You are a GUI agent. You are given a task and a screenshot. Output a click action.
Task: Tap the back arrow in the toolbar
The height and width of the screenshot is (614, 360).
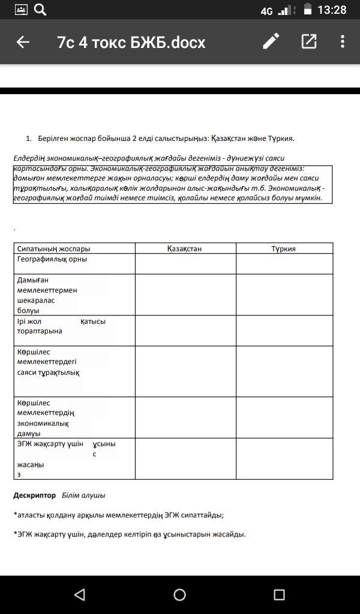[23, 42]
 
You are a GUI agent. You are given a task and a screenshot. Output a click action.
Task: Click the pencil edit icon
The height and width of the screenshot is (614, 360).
[271, 41]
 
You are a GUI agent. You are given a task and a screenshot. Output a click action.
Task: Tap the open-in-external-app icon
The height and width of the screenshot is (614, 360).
[308, 41]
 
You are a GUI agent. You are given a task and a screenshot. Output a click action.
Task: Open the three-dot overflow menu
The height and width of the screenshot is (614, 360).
[343, 41]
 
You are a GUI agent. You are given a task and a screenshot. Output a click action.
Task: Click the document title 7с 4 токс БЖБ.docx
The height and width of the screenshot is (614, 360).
[131, 42]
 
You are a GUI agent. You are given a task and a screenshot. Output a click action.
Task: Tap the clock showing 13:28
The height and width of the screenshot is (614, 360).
[332, 10]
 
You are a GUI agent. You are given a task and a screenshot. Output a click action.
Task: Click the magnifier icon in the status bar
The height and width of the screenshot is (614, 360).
[40, 10]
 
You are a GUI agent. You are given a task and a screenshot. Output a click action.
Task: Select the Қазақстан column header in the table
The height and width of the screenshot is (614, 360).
[185, 249]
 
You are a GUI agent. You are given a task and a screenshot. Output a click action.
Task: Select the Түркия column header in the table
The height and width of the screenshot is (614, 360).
[283, 249]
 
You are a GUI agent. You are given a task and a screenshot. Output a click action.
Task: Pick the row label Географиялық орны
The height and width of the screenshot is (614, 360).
[52, 259]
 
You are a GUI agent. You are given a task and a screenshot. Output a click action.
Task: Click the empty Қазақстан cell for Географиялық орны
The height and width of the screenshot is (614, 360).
[185, 264]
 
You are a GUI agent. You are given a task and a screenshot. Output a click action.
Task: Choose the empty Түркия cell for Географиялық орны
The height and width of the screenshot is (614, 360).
[284, 264]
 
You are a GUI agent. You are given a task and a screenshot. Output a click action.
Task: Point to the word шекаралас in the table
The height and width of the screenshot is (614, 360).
[36, 300]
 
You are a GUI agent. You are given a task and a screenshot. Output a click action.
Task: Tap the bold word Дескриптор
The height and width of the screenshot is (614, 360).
[34, 495]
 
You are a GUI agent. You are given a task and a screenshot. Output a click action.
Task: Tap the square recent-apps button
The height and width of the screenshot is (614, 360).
[279, 594]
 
